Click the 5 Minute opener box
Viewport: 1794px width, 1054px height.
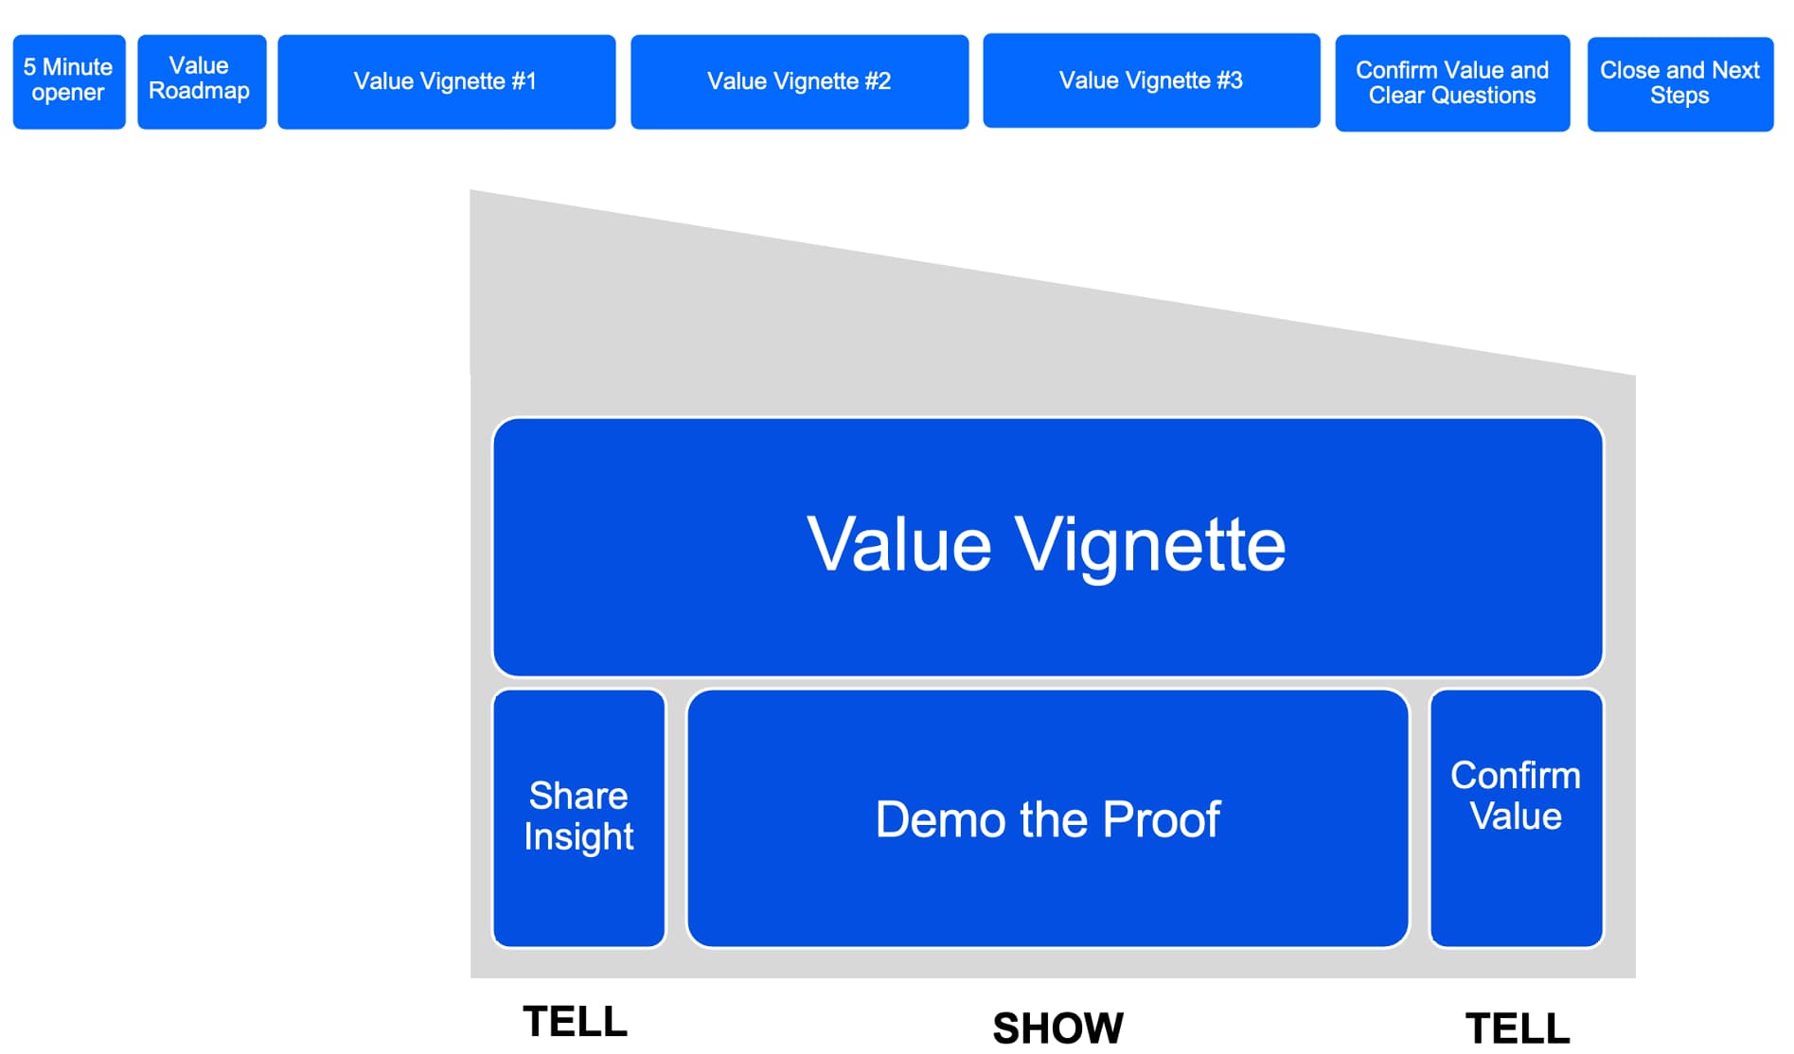69,81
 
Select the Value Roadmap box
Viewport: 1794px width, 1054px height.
202,81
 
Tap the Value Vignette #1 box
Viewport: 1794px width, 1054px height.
446,81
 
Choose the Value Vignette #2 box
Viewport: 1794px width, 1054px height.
800,81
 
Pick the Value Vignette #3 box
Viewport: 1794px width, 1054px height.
1151,80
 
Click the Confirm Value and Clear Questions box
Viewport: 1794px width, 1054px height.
1452,83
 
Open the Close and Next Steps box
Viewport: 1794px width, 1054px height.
1680,83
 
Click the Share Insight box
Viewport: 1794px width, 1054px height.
579,818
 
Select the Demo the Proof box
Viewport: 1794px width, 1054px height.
1048,818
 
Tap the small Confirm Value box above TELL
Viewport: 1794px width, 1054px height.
1516,818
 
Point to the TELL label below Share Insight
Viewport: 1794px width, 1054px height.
576,1022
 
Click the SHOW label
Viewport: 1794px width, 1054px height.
1058,1028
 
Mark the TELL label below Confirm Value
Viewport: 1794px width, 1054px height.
1518,1028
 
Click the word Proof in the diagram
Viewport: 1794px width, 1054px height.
1162,819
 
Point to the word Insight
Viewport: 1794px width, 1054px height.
579,837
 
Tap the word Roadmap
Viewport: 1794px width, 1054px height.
200,91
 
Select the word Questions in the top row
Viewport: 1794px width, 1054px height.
1484,96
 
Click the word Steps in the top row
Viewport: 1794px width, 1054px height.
1679,96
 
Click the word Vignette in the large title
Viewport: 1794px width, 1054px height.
1150,546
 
